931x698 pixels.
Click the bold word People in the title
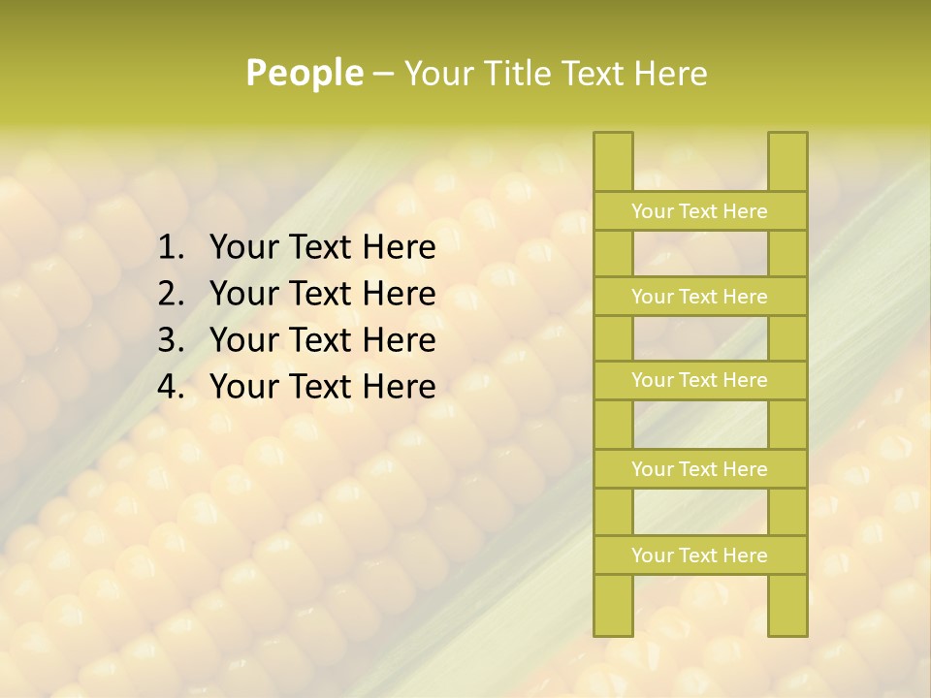304,73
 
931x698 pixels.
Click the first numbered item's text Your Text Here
322,248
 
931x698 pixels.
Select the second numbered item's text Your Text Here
322,294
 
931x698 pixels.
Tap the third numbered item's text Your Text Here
322,340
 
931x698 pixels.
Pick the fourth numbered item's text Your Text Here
322,387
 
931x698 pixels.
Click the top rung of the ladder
699,211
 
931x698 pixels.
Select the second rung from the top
699,297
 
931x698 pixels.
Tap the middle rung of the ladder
699,380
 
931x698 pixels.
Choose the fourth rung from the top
699,469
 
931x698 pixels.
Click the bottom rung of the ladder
699,555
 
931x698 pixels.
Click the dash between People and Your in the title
383,74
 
